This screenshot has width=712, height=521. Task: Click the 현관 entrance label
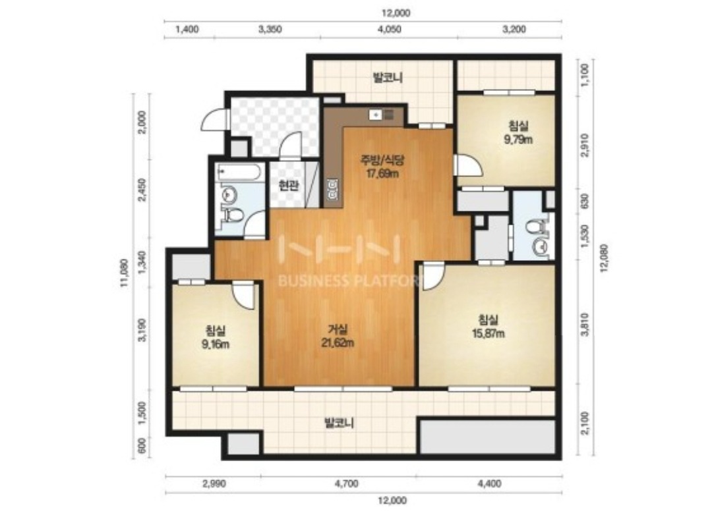tap(288, 186)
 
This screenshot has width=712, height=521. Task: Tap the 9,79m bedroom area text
tap(518, 140)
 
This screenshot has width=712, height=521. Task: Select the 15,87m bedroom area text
tap(488, 333)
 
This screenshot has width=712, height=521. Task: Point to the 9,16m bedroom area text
tap(215, 344)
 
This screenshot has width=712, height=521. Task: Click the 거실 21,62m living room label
tap(338, 337)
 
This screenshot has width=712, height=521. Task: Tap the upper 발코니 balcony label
tap(388, 78)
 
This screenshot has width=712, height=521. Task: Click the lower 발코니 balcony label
tap(339, 424)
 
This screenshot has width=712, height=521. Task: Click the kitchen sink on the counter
tap(376, 115)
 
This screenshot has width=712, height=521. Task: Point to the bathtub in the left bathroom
tap(239, 173)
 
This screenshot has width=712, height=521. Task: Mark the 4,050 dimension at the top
tap(390, 30)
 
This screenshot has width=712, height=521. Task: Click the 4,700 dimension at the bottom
tap(347, 483)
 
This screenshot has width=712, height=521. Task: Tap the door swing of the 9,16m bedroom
tap(243, 295)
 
